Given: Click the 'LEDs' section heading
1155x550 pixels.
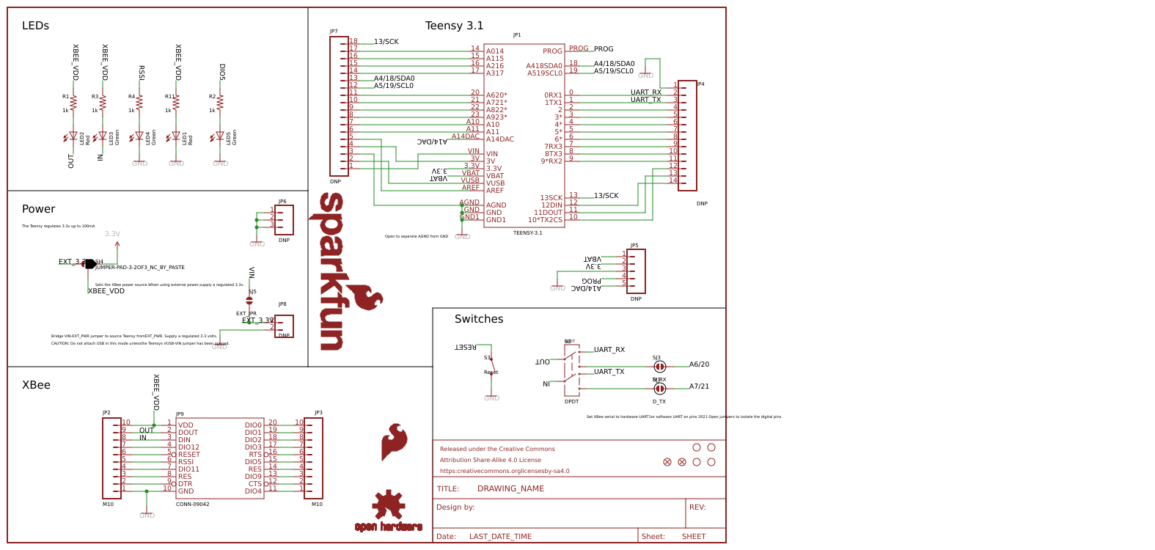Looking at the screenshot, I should tap(35, 26).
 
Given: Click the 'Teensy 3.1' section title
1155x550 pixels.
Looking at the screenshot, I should tap(454, 26).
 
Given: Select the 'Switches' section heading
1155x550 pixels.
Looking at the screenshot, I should tap(478, 319).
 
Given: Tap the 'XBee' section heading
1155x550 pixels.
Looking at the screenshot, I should tap(36, 385).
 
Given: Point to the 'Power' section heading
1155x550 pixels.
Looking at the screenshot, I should tap(38, 209).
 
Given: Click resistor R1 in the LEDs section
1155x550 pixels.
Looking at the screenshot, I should tap(73, 103).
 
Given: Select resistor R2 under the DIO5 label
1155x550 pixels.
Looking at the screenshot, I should tap(220, 103).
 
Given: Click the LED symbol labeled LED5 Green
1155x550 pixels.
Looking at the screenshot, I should tap(220, 136).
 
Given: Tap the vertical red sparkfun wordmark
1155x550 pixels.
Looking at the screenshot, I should tap(331, 271).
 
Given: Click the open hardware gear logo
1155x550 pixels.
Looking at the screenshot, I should tap(388, 506).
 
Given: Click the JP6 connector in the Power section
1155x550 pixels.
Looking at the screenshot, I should tap(284, 219).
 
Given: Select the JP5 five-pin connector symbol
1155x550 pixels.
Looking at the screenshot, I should tap(636, 271).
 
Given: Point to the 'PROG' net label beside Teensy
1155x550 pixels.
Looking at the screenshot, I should tap(604, 49).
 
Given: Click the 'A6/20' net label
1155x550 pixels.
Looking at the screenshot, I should tap(699, 364).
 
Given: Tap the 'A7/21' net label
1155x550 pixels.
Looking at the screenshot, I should tap(699, 386).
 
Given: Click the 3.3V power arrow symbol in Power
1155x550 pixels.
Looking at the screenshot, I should tap(117, 246).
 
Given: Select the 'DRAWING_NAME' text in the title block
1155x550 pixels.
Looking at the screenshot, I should tap(510, 488).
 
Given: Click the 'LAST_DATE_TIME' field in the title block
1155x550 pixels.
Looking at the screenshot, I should tap(500, 537).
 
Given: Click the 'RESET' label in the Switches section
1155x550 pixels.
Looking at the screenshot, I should tap(466, 348).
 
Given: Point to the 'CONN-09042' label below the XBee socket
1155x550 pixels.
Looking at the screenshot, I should tap(192, 505).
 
